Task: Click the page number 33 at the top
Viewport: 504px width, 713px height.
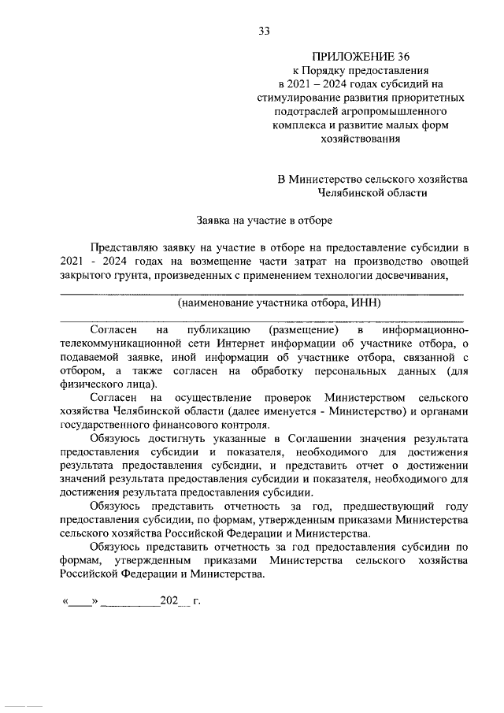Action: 265,32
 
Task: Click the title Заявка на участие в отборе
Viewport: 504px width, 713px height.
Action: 264,219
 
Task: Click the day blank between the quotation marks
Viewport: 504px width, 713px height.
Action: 80,602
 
